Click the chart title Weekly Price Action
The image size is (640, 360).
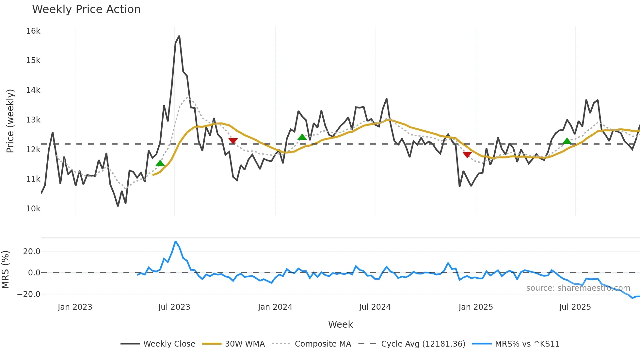[86, 9]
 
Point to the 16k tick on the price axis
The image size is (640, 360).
[33, 31]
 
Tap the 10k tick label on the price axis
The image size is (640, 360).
[33, 209]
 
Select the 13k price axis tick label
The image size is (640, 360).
[33, 120]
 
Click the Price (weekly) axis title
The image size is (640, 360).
[10, 121]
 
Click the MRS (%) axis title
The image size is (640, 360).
[6, 270]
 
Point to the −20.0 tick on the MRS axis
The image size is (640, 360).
[29, 294]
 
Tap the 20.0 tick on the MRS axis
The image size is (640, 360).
[32, 252]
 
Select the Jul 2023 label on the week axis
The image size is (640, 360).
[174, 307]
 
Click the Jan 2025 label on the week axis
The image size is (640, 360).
[475, 307]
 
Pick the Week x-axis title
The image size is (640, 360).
[340, 324]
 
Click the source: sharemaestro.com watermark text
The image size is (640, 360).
[578, 288]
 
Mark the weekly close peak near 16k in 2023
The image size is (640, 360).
[179, 36]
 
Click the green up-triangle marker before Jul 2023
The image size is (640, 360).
[160, 163]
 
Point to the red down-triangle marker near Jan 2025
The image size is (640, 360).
[467, 155]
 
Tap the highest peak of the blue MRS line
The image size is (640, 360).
[176, 241]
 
